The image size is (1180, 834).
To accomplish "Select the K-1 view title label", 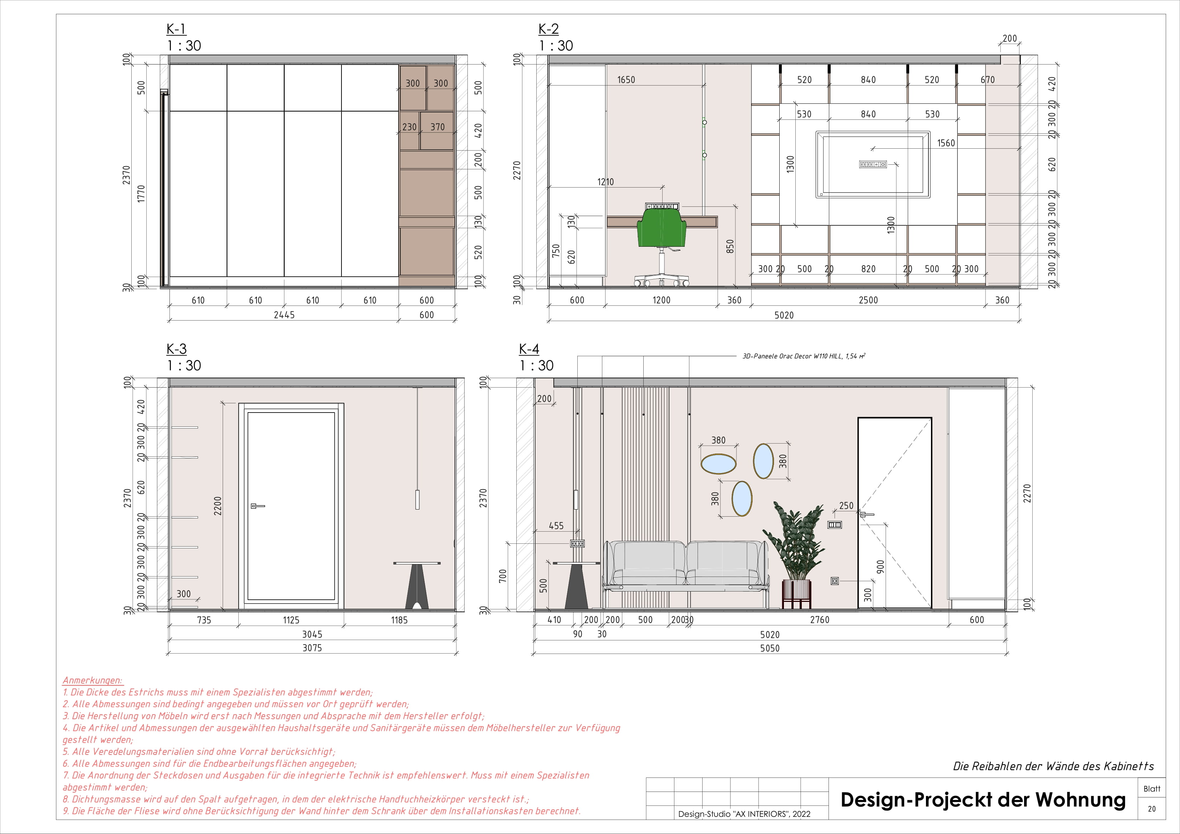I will (176, 29).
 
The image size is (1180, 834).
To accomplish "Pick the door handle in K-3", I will (257, 506).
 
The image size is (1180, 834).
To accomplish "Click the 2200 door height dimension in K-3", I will (218, 506).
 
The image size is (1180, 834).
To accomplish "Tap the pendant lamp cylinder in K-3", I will (417, 499).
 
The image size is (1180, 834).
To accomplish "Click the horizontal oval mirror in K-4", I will (719, 464).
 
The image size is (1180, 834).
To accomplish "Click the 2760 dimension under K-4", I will (819, 620).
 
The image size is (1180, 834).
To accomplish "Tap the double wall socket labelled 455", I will (578, 543).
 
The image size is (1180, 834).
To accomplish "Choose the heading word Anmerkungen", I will (92, 680).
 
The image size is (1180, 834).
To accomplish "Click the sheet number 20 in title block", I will (1152, 809).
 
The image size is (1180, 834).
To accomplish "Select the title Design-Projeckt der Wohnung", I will (983, 800).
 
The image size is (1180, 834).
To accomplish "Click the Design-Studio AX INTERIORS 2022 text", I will (744, 814).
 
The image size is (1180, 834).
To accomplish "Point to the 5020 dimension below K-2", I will (784, 315).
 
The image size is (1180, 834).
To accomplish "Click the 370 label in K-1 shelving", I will (437, 127).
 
